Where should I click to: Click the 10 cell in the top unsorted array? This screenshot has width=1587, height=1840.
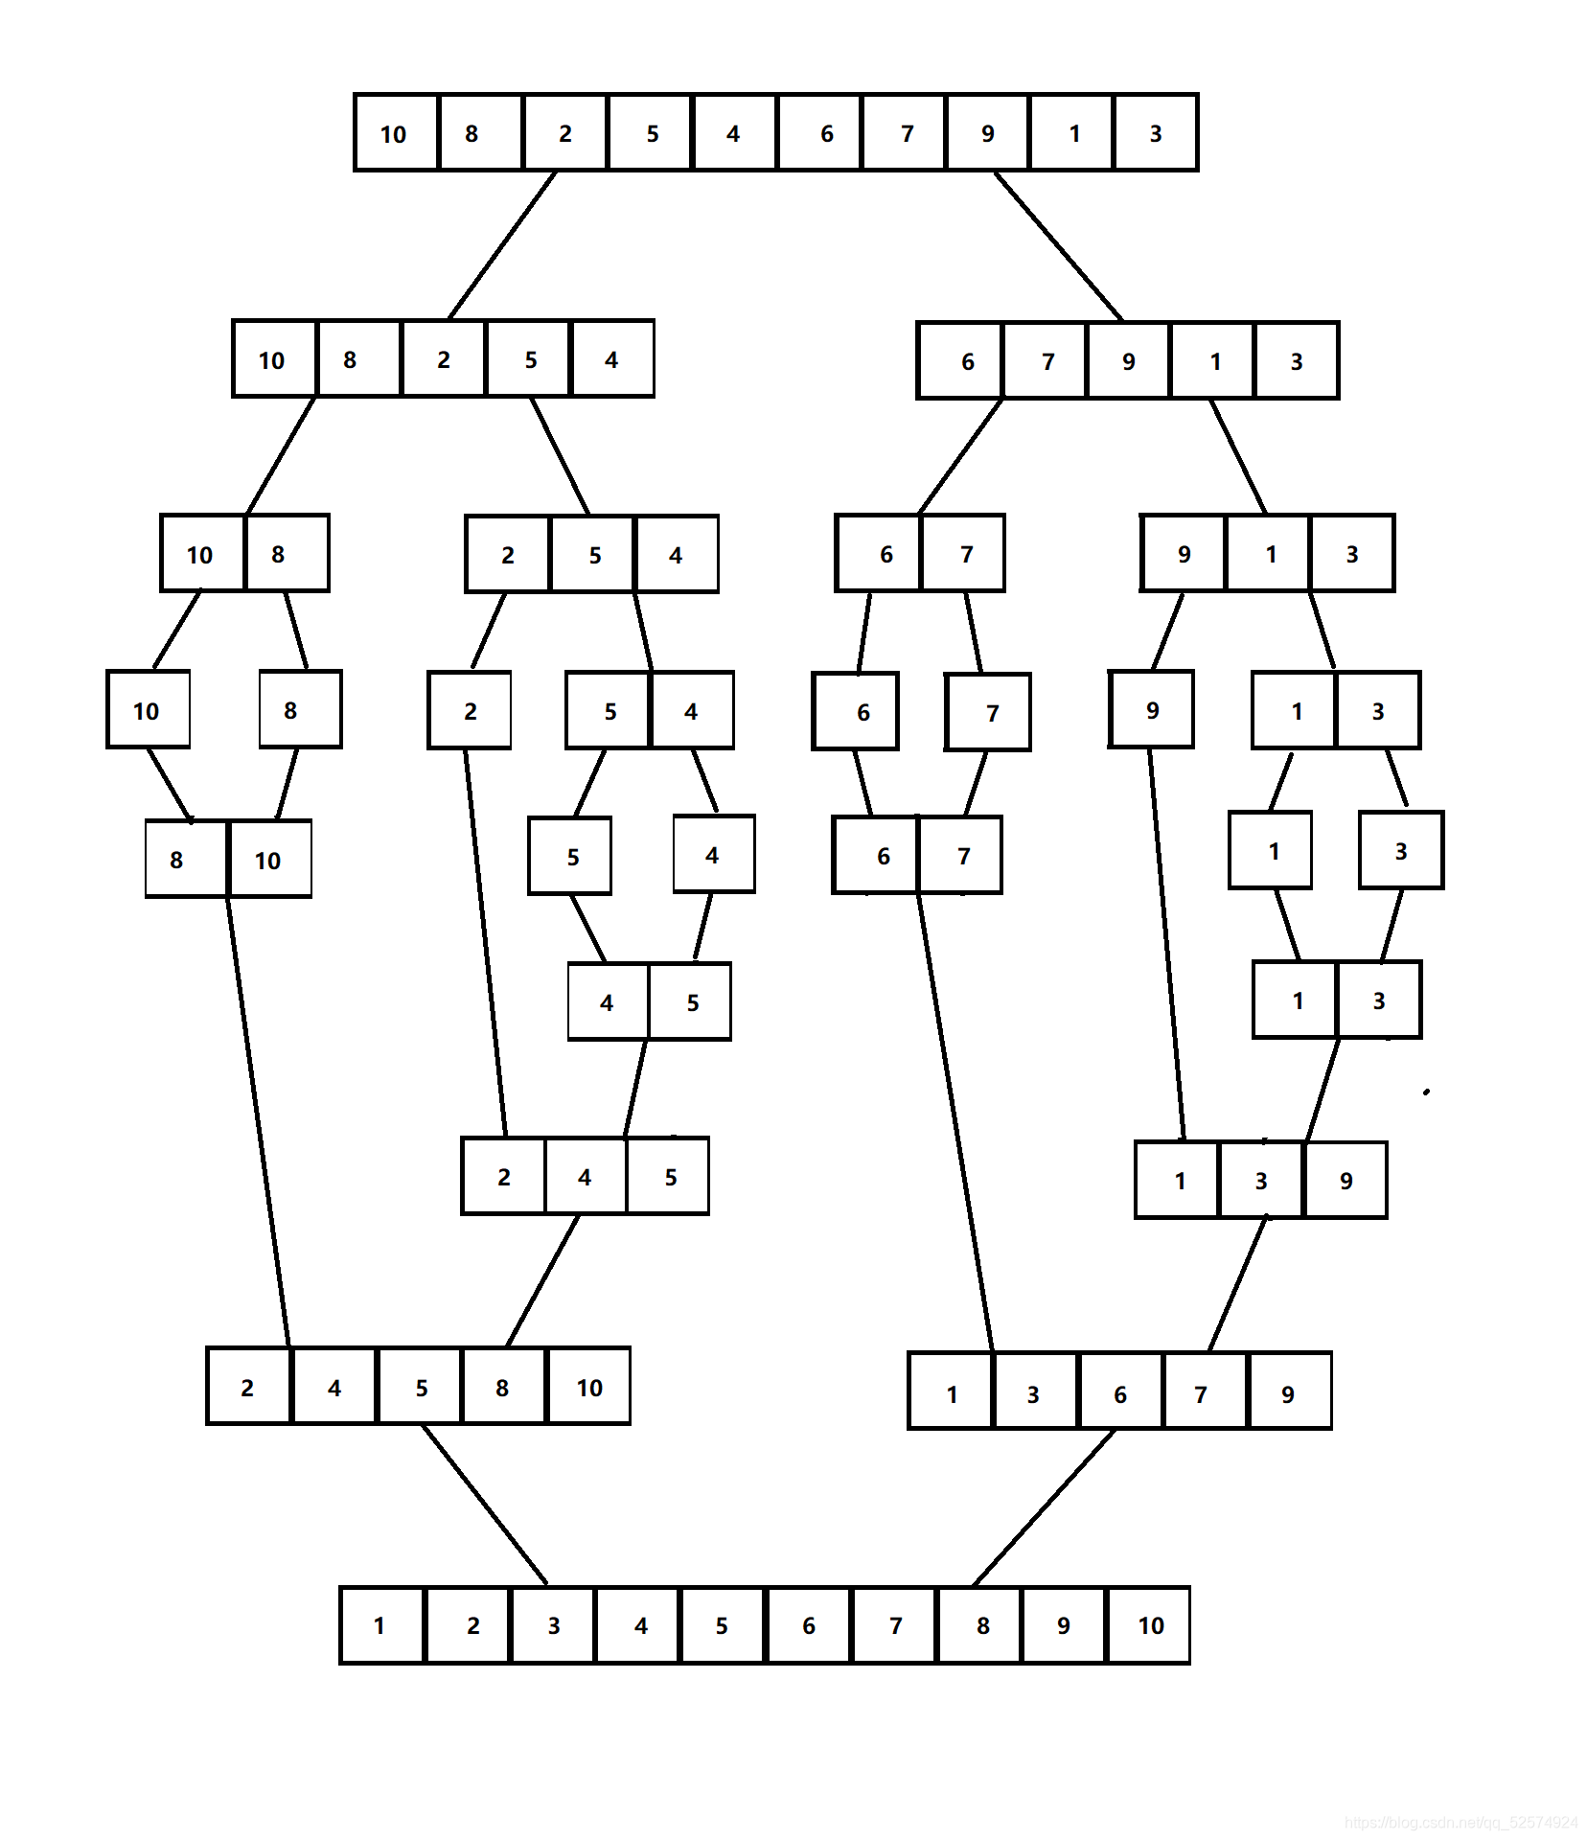click(395, 133)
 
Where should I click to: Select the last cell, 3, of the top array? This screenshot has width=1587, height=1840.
click(1156, 133)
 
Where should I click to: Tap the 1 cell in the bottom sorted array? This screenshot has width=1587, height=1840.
click(380, 1625)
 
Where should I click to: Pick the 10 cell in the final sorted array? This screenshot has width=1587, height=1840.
click(1149, 1625)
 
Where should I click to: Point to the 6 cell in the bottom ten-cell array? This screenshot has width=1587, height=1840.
click(809, 1625)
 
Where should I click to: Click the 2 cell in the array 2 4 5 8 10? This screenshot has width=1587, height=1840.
click(248, 1387)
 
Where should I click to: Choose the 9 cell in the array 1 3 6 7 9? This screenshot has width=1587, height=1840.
click(1289, 1392)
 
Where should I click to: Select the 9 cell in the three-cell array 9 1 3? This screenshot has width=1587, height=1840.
click(1184, 554)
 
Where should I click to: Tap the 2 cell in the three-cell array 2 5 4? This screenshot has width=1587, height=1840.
click(508, 555)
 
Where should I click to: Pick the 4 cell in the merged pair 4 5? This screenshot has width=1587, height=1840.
click(608, 1002)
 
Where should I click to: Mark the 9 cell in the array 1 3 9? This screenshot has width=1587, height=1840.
click(1345, 1181)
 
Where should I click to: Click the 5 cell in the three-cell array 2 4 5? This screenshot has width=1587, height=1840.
click(669, 1177)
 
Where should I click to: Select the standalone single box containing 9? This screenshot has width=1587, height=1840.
click(1151, 710)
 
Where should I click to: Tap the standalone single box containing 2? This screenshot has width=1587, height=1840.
click(470, 711)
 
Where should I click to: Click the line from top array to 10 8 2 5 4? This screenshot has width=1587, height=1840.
click(502, 245)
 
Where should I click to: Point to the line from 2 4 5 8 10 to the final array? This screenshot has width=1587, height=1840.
click(485, 1505)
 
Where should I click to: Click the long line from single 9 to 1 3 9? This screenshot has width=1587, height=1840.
click(1166, 944)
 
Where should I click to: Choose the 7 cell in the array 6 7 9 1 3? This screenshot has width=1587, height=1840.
click(1046, 361)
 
